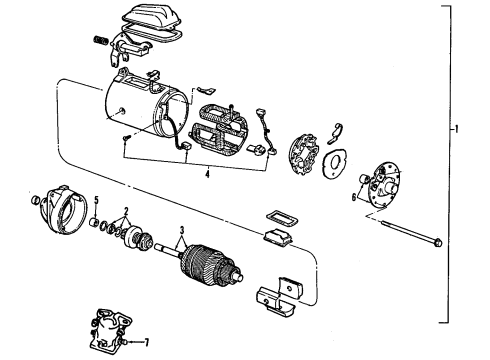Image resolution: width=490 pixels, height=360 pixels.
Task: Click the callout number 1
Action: pyautogui.click(x=456, y=129)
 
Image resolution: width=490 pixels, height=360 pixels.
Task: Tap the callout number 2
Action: pyautogui.click(x=126, y=211)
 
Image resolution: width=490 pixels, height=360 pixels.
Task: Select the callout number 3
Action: pyautogui.click(x=182, y=230)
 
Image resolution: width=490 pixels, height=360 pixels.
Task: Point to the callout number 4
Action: pyautogui.click(x=207, y=174)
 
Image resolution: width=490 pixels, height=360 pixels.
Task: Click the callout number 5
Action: pyautogui.click(x=96, y=200)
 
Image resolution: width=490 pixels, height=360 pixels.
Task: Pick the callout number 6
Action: pyautogui.click(x=354, y=197)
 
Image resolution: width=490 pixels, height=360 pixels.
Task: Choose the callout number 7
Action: pyautogui.click(x=146, y=342)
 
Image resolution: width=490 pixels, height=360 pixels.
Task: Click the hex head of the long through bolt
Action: pyautogui.click(x=438, y=242)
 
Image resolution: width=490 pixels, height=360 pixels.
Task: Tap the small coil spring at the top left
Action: pyautogui.click(x=100, y=40)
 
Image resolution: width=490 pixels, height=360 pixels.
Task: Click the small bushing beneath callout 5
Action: pyautogui.click(x=95, y=221)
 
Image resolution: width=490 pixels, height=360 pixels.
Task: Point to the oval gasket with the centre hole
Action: pyautogui.click(x=334, y=162)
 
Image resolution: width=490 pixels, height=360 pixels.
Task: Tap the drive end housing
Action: pyautogui.click(x=64, y=209)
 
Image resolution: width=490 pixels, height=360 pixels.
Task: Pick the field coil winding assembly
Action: pyautogui.click(x=218, y=128)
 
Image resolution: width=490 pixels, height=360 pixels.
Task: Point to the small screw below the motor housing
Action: pyautogui.click(x=126, y=137)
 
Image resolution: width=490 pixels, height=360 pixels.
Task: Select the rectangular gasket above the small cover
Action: pyautogui.click(x=282, y=218)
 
